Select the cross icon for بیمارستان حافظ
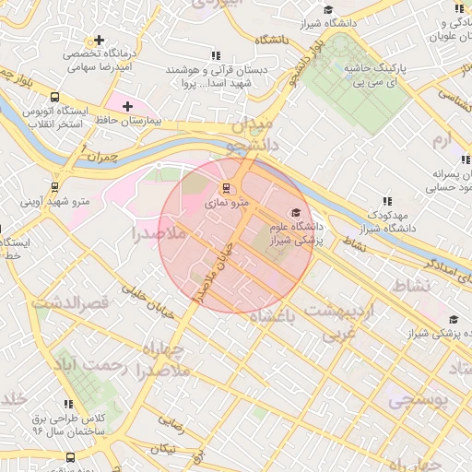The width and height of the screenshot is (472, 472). (x=127, y=107)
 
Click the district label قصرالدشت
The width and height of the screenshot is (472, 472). (x=71, y=302)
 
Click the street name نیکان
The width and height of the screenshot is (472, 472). (x=162, y=448)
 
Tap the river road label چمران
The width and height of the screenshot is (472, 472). (x=100, y=155)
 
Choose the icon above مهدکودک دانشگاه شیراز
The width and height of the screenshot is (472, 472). (x=387, y=201)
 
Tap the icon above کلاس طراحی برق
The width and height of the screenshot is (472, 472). (x=68, y=404)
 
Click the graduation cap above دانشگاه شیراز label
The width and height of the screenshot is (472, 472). (x=327, y=9)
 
